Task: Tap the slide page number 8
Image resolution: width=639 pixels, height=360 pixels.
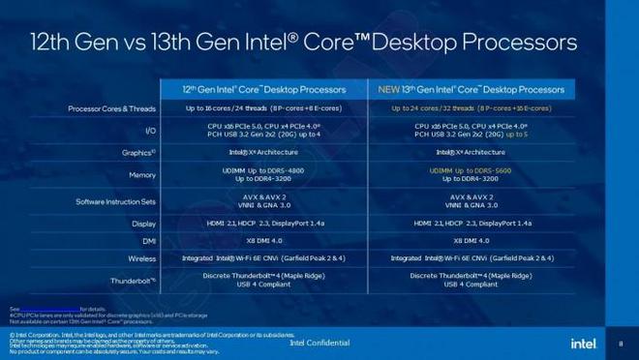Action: pos(620,342)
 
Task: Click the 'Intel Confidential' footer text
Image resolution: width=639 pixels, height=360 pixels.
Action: pos(319,343)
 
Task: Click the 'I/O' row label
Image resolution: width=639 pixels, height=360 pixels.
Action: pos(150,130)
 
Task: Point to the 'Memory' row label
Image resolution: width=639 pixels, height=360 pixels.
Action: pos(142,175)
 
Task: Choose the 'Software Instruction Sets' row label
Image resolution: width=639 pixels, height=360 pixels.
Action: pos(116,201)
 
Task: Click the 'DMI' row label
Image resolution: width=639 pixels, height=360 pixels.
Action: pos(148,240)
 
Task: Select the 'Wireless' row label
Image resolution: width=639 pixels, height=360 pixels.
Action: pos(141,259)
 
